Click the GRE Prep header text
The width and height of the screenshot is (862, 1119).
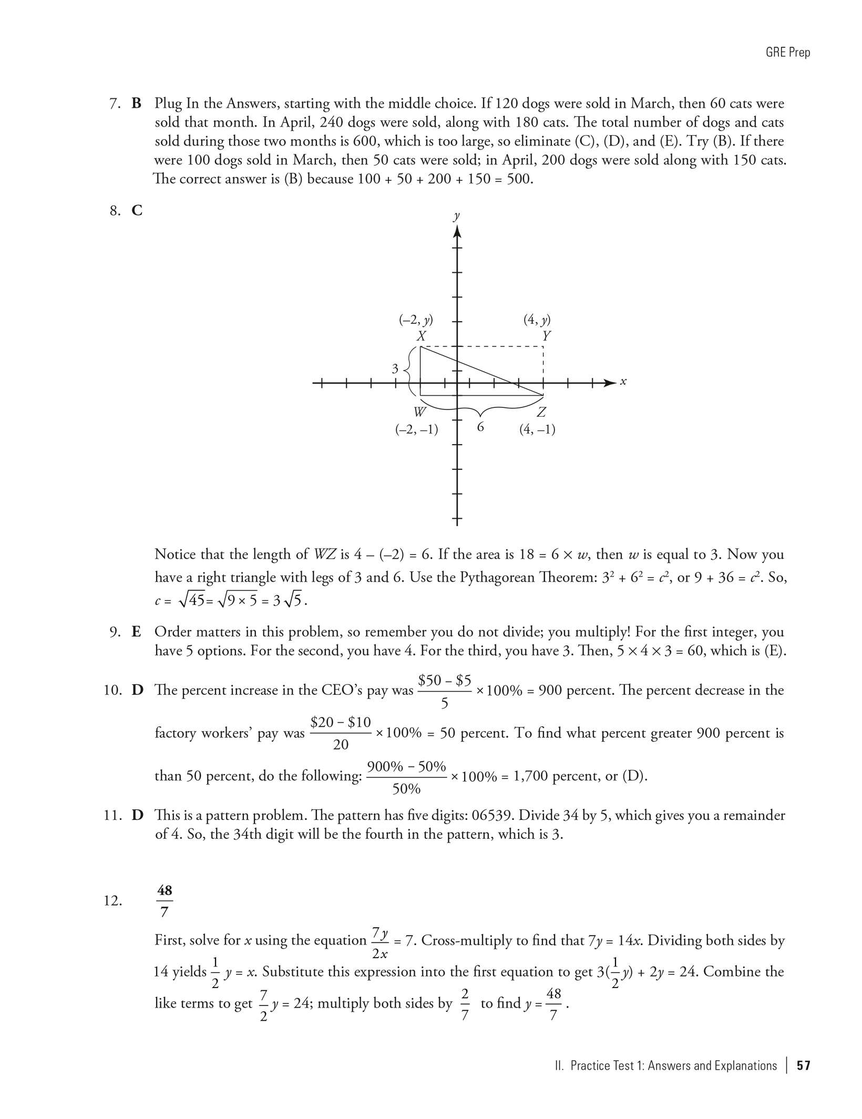pyautogui.click(x=788, y=53)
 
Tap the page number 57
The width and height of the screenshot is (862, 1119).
pyautogui.click(x=804, y=1065)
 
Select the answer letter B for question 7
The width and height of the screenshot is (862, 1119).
pyautogui.click(x=137, y=104)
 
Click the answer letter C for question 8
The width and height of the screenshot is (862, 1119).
pyautogui.click(x=137, y=211)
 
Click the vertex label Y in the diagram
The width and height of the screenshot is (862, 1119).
pyautogui.click(x=546, y=335)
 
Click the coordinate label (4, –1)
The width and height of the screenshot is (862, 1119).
pyautogui.click(x=537, y=429)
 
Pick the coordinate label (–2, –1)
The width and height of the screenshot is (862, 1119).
pyautogui.click(x=416, y=429)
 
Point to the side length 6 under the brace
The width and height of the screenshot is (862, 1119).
pyautogui.click(x=480, y=427)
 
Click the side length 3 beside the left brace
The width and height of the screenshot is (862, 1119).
pyautogui.click(x=395, y=369)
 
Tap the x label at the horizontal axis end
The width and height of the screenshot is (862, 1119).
pyautogui.click(x=623, y=382)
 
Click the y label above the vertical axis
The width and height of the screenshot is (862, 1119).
pyautogui.click(x=456, y=215)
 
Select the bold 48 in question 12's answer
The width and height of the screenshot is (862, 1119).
pyautogui.click(x=165, y=890)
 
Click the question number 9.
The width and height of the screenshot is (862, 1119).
pyautogui.click(x=115, y=632)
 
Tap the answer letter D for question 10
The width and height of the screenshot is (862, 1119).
pyautogui.click(x=137, y=690)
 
